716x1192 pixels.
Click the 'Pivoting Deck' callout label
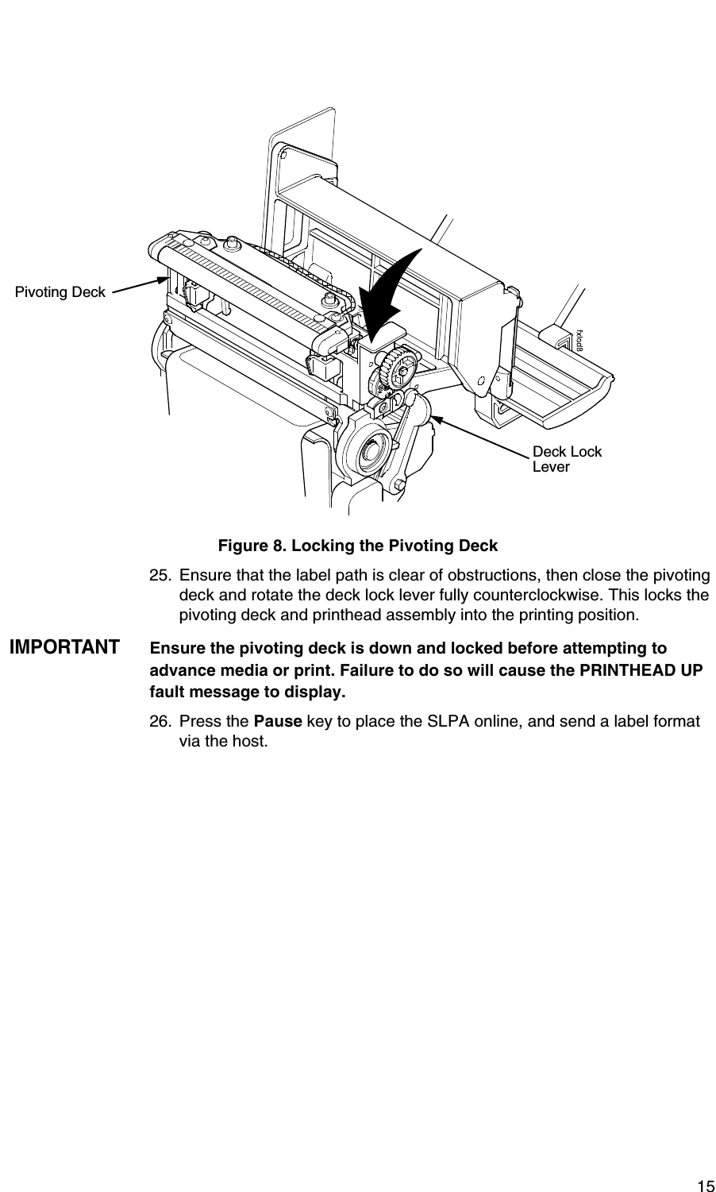pos(60,292)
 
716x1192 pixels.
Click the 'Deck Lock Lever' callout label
pos(566,459)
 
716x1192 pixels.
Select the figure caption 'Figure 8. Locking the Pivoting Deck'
pos(358,546)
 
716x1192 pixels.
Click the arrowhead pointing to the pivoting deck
pos(164,279)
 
